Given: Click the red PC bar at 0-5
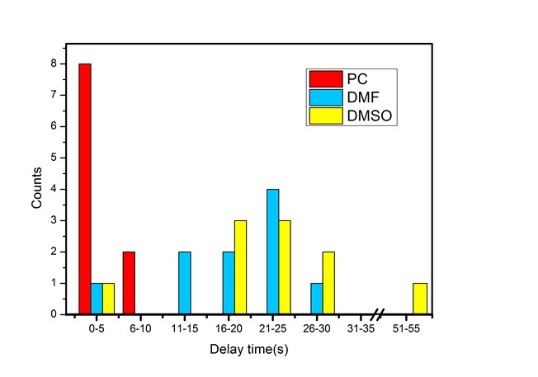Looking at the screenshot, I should tap(85, 189).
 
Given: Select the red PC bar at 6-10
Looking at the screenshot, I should tap(129, 283).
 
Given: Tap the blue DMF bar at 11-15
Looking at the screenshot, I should tap(184, 283).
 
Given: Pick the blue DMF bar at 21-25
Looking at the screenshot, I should tap(273, 252).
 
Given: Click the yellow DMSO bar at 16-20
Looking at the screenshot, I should tap(240, 267).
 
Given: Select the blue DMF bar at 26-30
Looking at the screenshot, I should tap(317, 299).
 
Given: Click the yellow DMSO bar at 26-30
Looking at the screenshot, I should tap(329, 283).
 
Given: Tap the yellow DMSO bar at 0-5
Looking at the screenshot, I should tap(109, 299).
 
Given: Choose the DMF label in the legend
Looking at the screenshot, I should tap(361, 98).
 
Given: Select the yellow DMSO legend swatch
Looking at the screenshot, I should tap(322, 117).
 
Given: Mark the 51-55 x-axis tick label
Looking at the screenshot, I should tap(418, 328).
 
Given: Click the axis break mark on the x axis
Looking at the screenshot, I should tap(377, 314).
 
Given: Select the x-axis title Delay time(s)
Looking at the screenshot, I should tap(248, 350).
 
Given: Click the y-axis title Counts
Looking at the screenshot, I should tap(36, 189).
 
